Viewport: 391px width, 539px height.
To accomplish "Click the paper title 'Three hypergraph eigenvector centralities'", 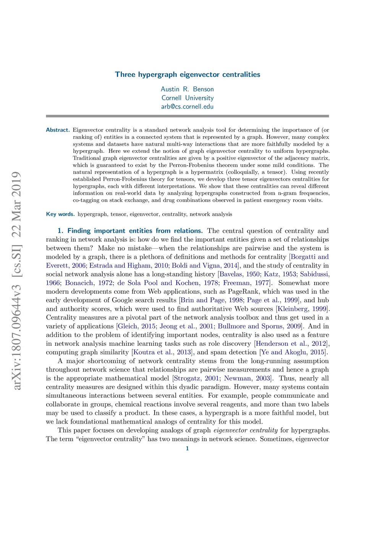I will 187,75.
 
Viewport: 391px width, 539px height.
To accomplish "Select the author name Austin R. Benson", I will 187,89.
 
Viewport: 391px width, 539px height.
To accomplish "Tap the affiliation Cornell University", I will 187,98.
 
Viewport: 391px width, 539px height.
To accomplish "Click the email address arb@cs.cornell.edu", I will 187,107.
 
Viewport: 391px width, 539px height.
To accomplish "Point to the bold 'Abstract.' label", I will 58,130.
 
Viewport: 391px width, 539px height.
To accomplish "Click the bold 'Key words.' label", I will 60,214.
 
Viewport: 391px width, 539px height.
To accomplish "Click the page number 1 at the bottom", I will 187,448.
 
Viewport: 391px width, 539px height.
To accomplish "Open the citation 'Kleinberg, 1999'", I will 302,309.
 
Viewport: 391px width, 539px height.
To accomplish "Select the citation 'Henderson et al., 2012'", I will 291,344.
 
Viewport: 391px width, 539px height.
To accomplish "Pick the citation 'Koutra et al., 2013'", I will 162,352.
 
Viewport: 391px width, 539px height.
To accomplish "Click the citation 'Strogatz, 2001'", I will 196,378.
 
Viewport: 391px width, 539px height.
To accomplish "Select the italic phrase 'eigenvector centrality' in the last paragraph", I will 246,430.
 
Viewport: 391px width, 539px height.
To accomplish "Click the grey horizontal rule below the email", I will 187,116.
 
